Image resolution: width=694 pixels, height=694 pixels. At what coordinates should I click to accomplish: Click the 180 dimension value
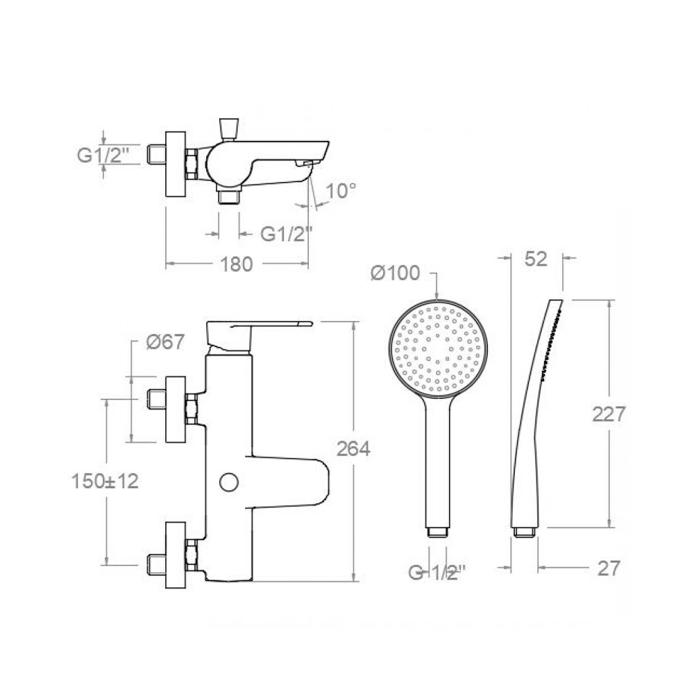click(237, 264)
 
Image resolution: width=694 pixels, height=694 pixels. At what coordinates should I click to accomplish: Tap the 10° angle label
click(341, 191)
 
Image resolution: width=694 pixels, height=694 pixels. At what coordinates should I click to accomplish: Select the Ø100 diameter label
click(396, 273)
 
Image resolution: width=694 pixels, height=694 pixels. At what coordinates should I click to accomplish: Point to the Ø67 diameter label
click(165, 341)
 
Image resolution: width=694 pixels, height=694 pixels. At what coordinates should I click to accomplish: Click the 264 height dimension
click(353, 449)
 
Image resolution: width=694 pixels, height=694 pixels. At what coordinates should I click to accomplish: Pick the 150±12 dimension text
click(105, 481)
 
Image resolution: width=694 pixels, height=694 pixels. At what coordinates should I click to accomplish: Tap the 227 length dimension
click(609, 414)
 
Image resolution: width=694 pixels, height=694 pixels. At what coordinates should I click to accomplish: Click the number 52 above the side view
click(536, 259)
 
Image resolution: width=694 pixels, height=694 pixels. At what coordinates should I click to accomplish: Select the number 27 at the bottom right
click(609, 569)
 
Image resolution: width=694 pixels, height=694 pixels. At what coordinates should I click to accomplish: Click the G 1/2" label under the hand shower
click(437, 573)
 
